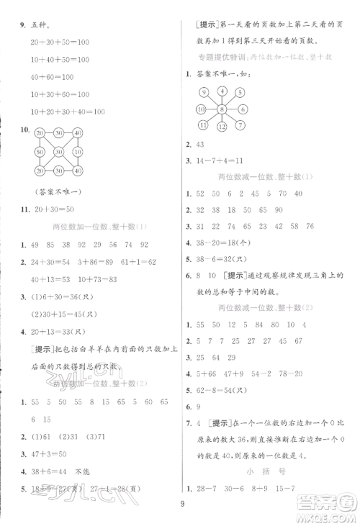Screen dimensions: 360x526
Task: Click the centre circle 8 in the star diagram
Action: tap(222, 109)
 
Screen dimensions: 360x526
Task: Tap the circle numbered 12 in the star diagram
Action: tap(222, 127)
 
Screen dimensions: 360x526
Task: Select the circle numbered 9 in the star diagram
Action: tap(204, 92)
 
